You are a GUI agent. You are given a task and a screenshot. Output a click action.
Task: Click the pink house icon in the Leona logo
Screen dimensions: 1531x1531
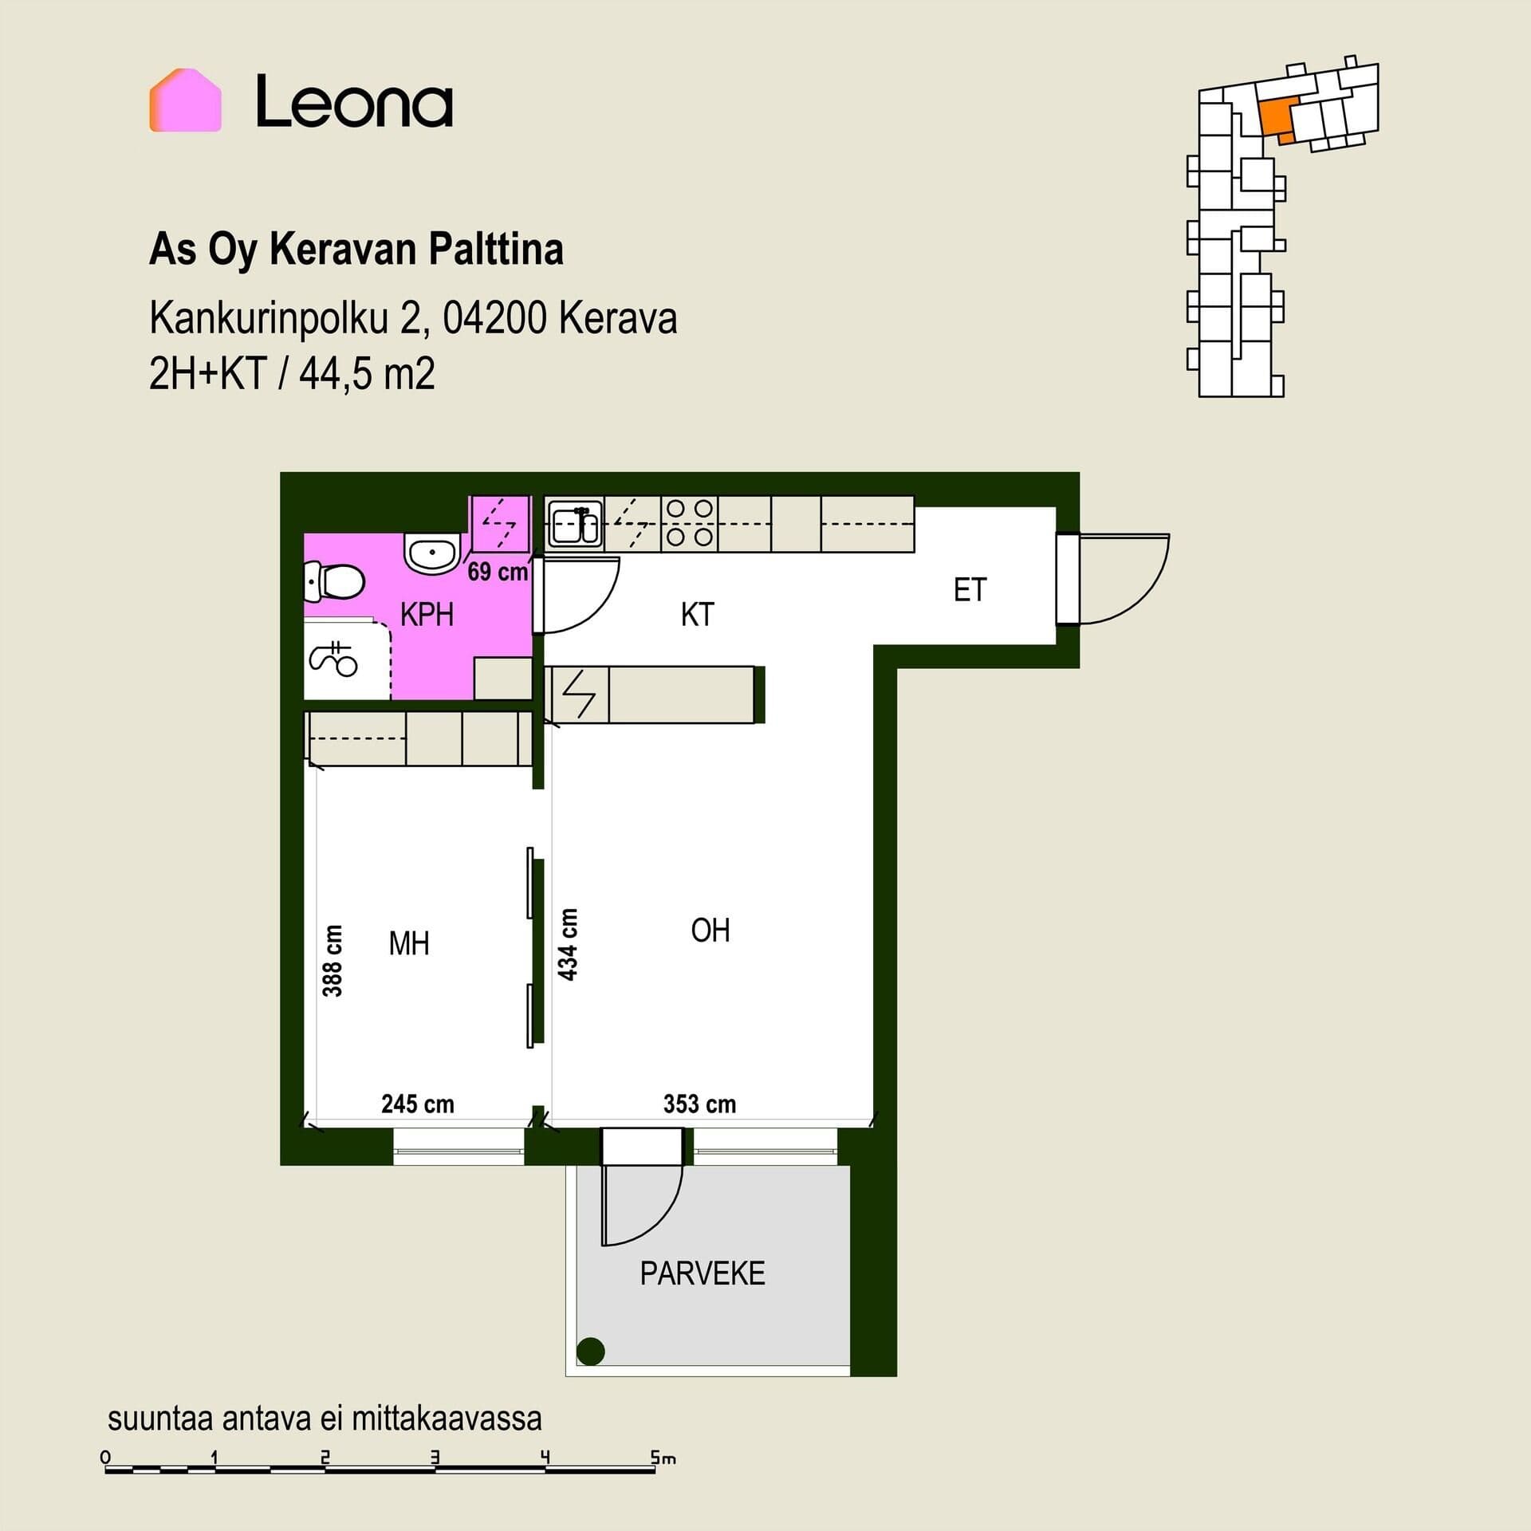tap(185, 100)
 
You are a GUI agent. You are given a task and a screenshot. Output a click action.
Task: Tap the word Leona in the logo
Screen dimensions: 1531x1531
tap(354, 101)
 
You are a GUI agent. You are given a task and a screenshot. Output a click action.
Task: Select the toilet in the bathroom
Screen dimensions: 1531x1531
tap(334, 581)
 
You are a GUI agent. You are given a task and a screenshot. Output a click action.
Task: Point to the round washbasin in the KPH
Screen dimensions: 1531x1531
tap(431, 552)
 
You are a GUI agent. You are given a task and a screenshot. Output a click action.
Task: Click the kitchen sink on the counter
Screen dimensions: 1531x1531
tap(575, 525)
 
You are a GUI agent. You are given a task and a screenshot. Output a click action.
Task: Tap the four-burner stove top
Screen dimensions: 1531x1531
tap(689, 523)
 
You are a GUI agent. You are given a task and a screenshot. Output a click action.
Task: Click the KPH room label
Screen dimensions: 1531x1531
tap(427, 616)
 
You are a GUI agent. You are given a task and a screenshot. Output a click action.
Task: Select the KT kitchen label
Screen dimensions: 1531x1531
tap(697, 615)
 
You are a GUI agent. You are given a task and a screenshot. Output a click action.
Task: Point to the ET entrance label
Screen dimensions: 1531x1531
tap(970, 590)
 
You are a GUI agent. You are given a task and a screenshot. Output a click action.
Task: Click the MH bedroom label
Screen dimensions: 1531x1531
tap(408, 944)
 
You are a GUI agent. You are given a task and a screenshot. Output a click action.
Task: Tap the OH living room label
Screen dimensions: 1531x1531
tap(710, 930)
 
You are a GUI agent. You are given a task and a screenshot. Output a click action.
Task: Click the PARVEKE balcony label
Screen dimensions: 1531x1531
tap(703, 1273)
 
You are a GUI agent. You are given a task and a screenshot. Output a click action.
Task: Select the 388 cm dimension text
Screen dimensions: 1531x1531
tap(333, 961)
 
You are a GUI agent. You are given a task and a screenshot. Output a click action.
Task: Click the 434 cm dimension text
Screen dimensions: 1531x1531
tap(567, 944)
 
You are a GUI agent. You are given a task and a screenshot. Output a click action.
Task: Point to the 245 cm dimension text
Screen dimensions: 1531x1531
tap(418, 1104)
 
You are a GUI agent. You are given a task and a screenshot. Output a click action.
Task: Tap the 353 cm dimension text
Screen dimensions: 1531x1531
tap(699, 1104)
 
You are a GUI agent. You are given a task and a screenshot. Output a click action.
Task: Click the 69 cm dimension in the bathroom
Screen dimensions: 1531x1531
tap(498, 572)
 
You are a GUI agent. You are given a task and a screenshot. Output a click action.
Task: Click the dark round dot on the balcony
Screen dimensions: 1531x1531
tap(590, 1351)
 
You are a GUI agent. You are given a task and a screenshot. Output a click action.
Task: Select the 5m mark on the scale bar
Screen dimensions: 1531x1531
tap(663, 1458)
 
